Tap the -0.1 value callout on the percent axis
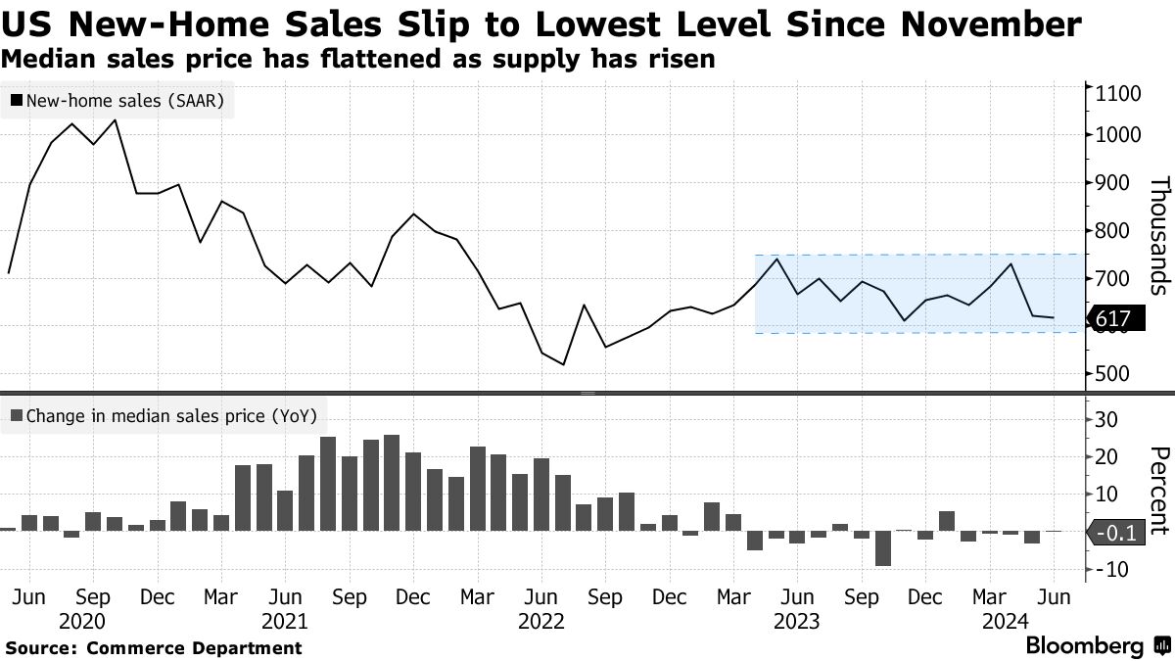pos(1115,534)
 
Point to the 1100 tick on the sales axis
pos(1115,94)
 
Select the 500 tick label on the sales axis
pos(1111,374)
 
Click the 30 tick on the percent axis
pos(1106,419)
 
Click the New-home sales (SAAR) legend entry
pos(117,100)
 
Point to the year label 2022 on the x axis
pos(540,620)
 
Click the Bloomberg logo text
pos(1084,646)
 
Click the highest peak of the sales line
pos(116,120)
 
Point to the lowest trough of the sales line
pos(563,364)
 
